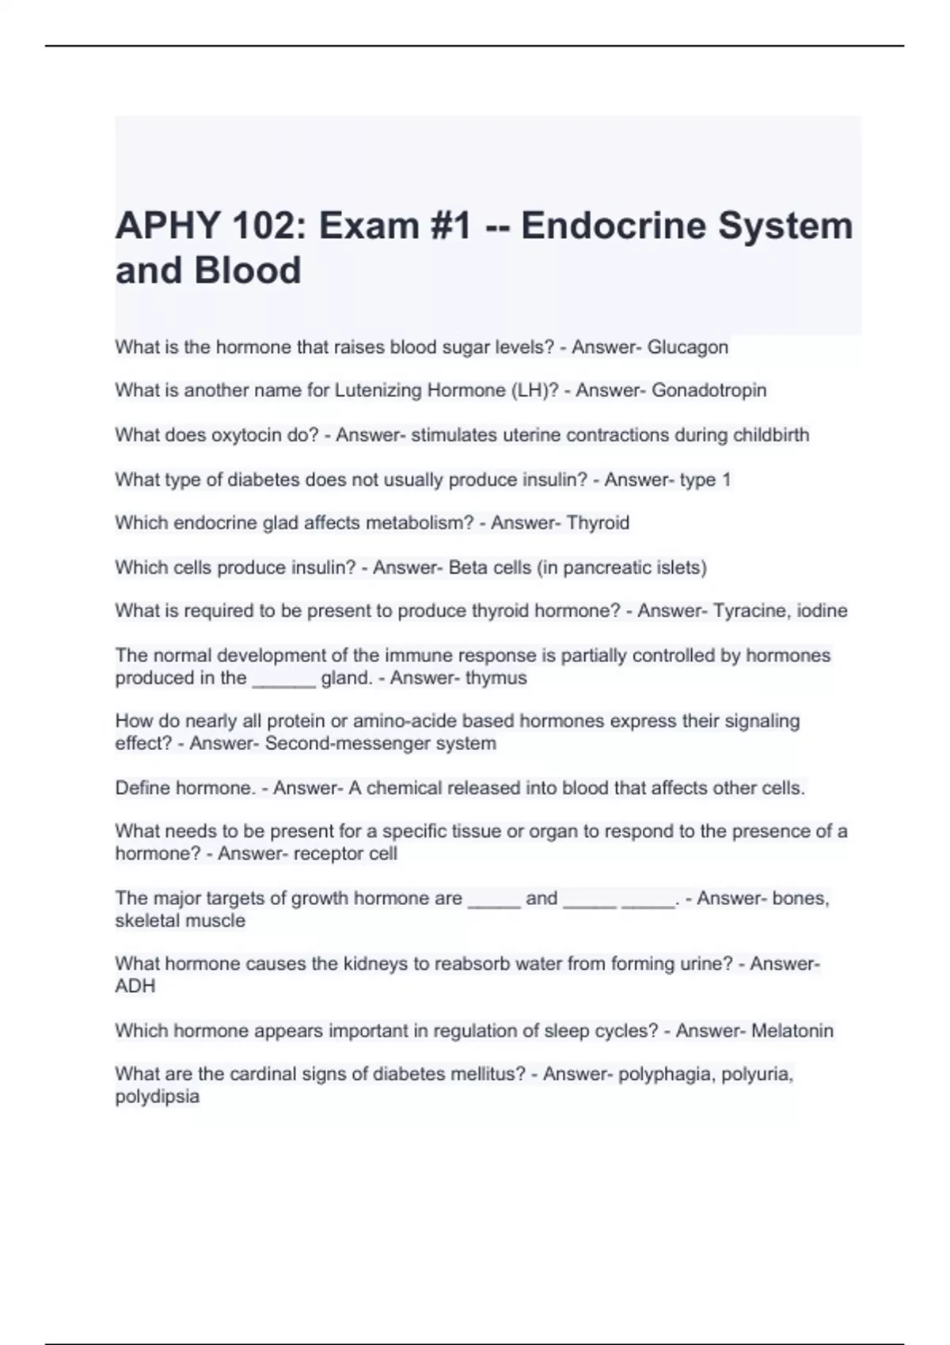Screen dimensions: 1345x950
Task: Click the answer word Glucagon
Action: click(687, 347)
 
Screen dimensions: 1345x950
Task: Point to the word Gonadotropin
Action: click(709, 391)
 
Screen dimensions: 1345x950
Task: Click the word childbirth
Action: click(770, 435)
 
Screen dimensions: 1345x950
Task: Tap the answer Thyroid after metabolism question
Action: click(598, 523)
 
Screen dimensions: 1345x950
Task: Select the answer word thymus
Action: click(496, 678)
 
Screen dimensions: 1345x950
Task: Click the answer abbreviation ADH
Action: click(135, 987)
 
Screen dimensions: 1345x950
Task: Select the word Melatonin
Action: click(792, 1031)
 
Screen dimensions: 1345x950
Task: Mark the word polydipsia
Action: click(158, 1097)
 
